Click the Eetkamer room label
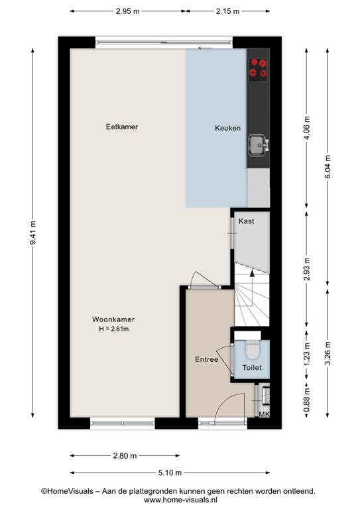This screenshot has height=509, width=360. point(122,127)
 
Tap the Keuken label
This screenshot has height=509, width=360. point(227,128)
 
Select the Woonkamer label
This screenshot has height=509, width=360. point(113,319)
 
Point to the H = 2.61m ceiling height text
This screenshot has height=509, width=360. point(114,329)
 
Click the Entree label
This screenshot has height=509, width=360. point(206,359)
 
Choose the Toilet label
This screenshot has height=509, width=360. point(252,367)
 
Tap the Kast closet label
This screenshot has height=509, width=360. point(247,221)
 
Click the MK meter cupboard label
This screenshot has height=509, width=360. point(265,414)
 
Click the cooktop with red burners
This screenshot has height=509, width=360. point(258,70)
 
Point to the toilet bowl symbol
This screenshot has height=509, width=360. point(253,349)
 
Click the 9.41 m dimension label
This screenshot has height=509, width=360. point(32,233)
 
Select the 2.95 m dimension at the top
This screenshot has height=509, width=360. point(127,11)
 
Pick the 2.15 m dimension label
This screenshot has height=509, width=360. point(227,11)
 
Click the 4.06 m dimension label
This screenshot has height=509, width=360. point(307,127)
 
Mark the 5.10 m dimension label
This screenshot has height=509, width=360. point(170,473)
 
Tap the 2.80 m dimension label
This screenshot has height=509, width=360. point(125,456)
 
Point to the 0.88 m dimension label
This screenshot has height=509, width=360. point(307,400)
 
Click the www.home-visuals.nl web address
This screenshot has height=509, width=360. point(180,500)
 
